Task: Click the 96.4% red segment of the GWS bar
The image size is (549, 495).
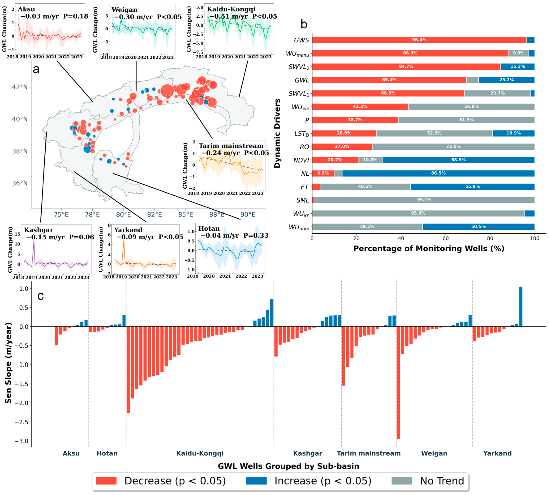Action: click(419, 40)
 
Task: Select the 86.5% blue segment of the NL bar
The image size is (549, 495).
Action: click(438, 173)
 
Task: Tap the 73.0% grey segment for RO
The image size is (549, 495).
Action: click(453, 147)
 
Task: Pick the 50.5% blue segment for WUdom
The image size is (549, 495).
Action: click(478, 227)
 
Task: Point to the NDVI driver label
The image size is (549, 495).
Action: click(301, 160)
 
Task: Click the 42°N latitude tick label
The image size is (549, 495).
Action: click(20, 87)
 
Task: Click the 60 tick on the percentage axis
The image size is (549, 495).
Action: click(445, 238)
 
